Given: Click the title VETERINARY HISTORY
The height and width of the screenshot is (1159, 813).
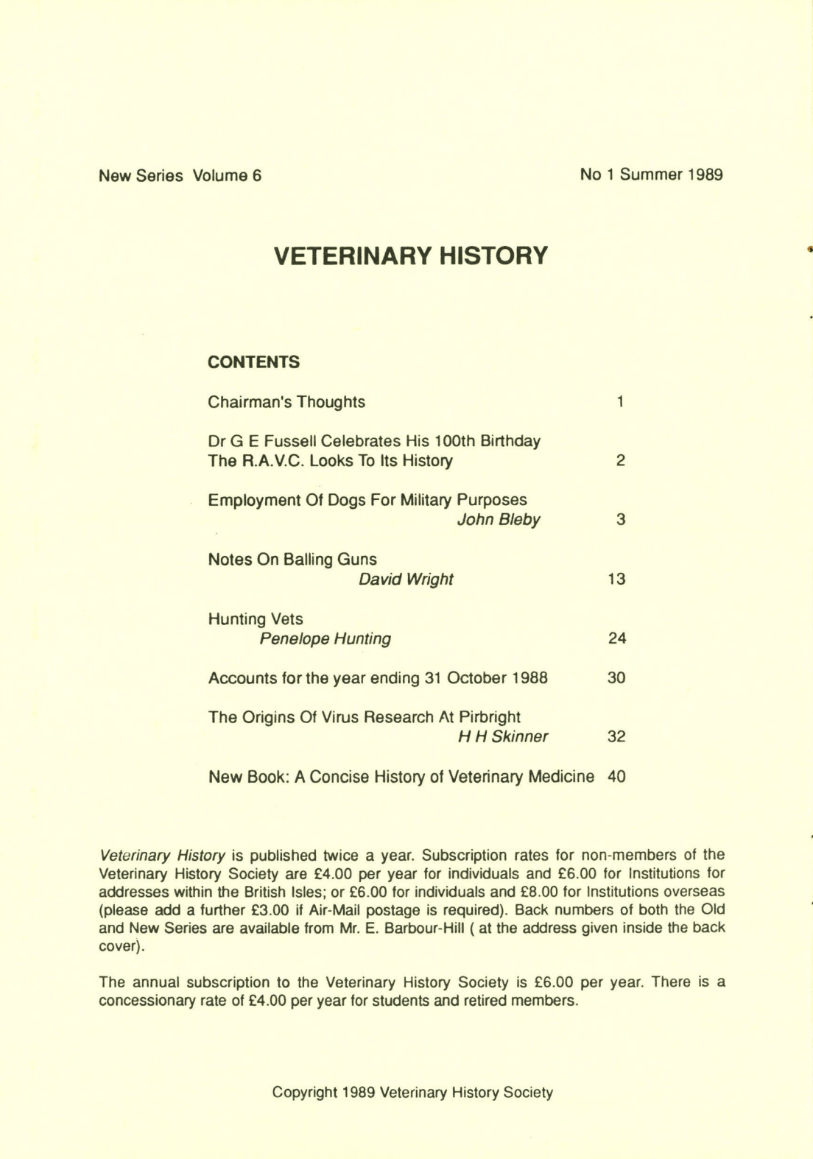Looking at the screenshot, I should (x=411, y=256).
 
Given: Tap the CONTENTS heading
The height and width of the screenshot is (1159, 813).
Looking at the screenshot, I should (x=253, y=362).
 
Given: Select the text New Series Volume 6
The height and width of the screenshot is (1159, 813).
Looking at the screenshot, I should (x=180, y=175).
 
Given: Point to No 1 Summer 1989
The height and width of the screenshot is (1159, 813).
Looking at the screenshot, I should (x=651, y=175).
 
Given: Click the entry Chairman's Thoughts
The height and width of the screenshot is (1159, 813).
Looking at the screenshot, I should (x=286, y=402).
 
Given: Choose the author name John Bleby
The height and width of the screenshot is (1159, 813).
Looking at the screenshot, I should (x=499, y=520).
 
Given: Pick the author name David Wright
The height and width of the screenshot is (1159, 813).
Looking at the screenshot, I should (x=406, y=579).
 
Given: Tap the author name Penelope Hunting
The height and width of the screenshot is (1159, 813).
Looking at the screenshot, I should (x=325, y=638).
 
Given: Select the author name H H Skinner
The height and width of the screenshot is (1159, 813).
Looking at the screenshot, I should (x=503, y=736).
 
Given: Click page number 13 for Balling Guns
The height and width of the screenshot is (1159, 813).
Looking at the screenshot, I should (x=616, y=579).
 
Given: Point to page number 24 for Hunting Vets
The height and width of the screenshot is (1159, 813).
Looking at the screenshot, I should (x=616, y=638).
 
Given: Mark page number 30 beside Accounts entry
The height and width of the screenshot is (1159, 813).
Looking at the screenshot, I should (x=616, y=677).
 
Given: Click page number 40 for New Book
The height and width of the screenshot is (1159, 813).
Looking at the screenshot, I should (x=616, y=776).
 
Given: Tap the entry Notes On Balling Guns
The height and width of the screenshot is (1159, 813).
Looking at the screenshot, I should (x=292, y=560).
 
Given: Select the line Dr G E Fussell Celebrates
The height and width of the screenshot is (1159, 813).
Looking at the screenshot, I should (x=374, y=441).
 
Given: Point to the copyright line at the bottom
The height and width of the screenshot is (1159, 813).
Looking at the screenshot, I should (x=412, y=1093).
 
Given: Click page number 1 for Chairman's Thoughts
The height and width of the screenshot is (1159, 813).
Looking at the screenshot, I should (x=621, y=402).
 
